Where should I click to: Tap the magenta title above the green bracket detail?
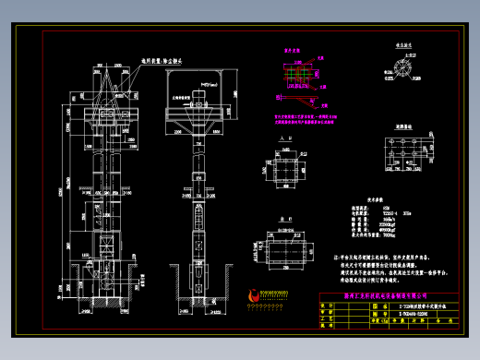tap(293, 52)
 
